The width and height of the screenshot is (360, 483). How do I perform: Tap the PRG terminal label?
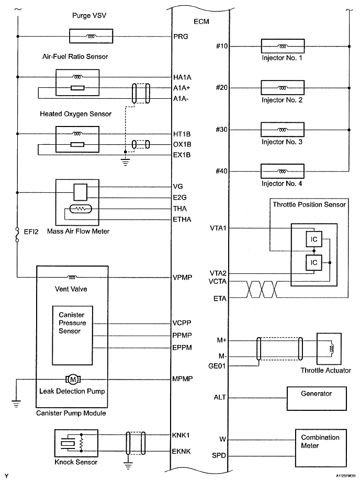181,37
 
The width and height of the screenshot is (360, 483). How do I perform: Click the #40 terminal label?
222,171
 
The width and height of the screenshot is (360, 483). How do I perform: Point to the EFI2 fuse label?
31,232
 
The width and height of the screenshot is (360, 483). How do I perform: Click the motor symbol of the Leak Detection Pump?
73,379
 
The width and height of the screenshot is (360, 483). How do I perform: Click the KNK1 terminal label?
181,435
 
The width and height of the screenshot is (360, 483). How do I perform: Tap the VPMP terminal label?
183,277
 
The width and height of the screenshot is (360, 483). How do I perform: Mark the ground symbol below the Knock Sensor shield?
128,465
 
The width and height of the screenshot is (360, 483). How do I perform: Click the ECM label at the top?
201,21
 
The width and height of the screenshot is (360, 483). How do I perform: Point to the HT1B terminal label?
182,134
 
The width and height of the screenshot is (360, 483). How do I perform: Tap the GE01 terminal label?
217,366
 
